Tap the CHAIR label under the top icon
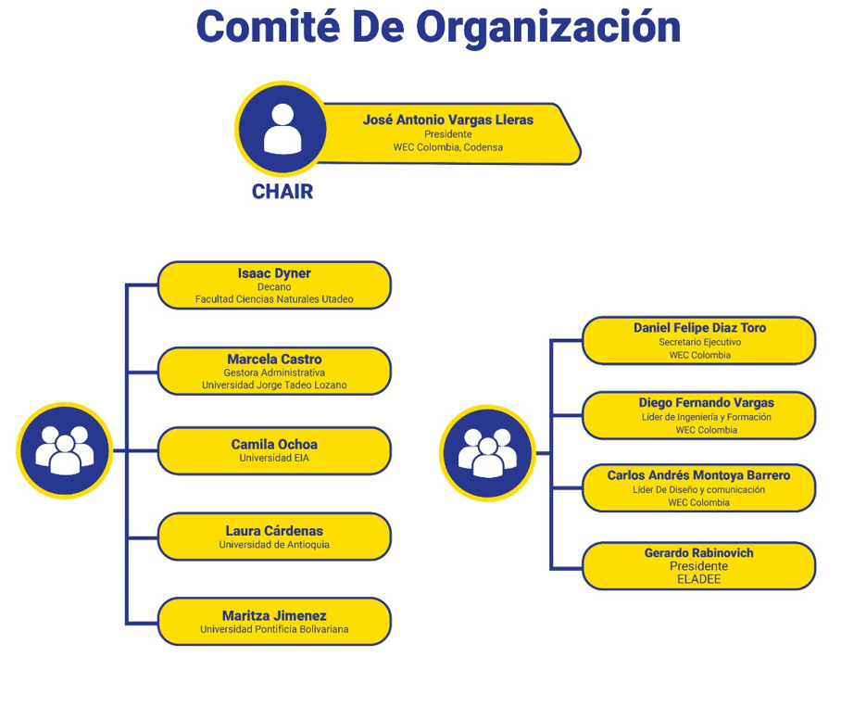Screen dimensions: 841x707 pos(282,192)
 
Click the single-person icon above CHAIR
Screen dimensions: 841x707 pos(282,129)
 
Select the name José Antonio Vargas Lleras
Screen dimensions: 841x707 pos(448,120)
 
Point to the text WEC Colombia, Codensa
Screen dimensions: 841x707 pos(448,147)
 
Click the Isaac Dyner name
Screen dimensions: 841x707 pos(274,273)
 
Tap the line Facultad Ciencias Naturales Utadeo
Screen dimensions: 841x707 pos(274,299)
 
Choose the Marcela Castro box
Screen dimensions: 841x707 pos(274,372)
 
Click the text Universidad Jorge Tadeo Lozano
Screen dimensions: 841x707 pos(274,385)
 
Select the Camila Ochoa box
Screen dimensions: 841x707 pos(274,450)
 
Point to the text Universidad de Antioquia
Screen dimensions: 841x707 pos(274,545)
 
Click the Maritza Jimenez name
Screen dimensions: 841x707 pos(274,616)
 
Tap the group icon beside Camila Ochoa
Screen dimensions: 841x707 pos(65,450)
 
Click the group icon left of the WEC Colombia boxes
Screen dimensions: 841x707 pos(487,453)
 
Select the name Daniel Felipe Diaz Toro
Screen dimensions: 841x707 pos(699,328)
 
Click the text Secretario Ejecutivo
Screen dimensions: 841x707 pos(699,342)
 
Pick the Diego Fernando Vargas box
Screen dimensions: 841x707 pos(699,416)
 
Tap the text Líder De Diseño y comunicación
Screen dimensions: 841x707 pos(698,490)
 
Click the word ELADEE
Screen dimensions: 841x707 pos(699,579)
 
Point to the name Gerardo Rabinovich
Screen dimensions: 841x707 pos(699,553)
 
